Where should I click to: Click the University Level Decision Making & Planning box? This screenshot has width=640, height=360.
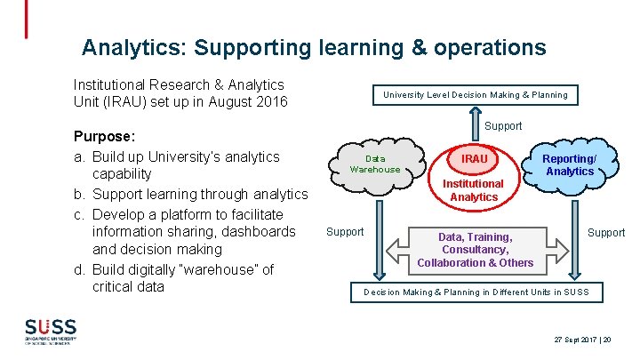click(x=475, y=95)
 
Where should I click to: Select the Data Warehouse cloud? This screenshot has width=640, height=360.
click(x=375, y=164)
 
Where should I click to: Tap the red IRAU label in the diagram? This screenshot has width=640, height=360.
click(x=475, y=158)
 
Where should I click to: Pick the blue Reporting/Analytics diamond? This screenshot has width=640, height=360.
click(x=570, y=165)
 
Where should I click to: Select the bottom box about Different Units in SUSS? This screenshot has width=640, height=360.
click(x=475, y=292)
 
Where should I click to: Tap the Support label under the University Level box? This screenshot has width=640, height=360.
click(x=503, y=126)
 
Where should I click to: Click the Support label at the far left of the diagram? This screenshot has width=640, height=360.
click(x=345, y=232)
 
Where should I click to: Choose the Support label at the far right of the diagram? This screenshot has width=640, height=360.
click(x=606, y=232)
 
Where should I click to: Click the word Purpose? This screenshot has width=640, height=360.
click(x=103, y=138)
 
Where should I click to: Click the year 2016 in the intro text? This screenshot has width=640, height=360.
click(x=269, y=102)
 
